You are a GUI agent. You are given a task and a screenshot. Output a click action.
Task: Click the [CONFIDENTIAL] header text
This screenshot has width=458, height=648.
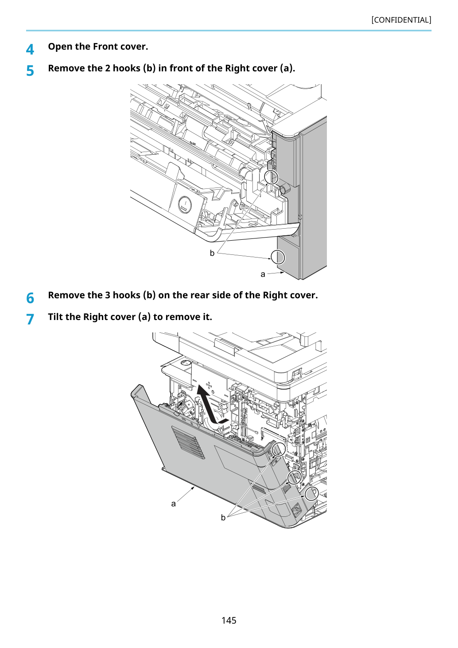click(401, 20)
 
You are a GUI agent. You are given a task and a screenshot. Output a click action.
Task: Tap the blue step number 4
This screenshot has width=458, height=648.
click(30, 49)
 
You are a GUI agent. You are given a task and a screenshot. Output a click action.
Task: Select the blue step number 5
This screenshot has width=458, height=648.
click(30, 71)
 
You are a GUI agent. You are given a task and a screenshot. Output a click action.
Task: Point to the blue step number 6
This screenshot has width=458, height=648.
click(30, 298)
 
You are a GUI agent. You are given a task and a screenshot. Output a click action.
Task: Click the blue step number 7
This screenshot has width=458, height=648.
click(30, 320)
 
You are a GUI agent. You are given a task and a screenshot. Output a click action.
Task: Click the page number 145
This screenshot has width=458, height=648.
click(229, 620)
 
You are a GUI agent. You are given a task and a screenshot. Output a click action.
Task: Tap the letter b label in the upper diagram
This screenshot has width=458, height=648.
click(212, 253)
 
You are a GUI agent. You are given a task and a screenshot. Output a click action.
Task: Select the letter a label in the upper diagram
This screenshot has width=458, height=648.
click(263, 274)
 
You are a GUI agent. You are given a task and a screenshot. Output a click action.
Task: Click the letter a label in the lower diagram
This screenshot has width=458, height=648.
click(173, 504)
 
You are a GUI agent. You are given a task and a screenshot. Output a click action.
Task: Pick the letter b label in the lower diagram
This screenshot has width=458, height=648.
click(223, 517)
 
